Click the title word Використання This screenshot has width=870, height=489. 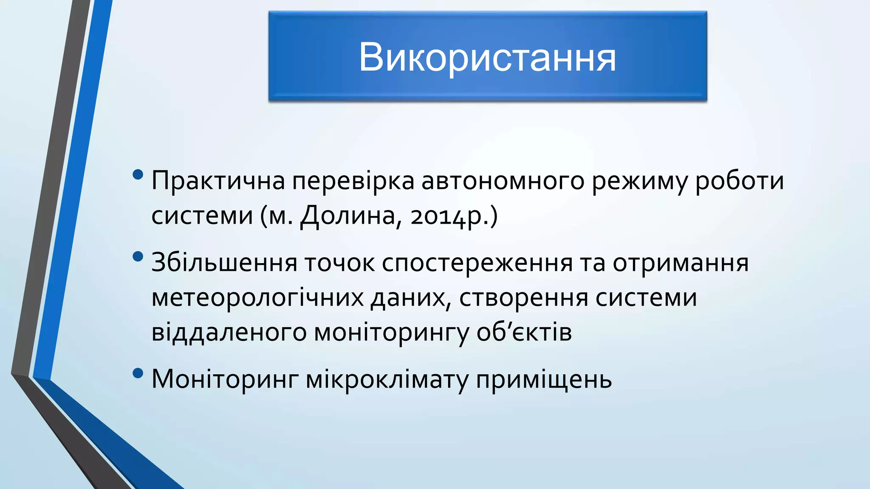pyautogui.click(x=487, y=57)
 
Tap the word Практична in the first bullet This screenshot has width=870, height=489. pyautogui.click(x=218, y=180)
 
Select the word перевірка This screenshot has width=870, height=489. pyautogui.click(x=353, y=180)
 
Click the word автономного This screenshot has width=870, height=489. pyautogui.click(x=503, y=180)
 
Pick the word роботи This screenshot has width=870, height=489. pyautogui.click(x=739, y=180)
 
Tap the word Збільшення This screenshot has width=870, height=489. pyautogui.click(x=224, y=262)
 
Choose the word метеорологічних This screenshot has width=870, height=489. pyautogui.click(x=257, y=298)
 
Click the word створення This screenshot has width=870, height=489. pyautogui.click(x=523, y=298)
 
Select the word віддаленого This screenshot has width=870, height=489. pyautogui.click(x=229, y=332)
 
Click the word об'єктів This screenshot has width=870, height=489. pyautogui.click(x=524, y=332)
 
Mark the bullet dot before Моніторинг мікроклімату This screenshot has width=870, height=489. pyautogui.click(x=138, y=373)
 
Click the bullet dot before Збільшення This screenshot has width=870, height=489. pyautogui.click(x=138, y=256)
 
